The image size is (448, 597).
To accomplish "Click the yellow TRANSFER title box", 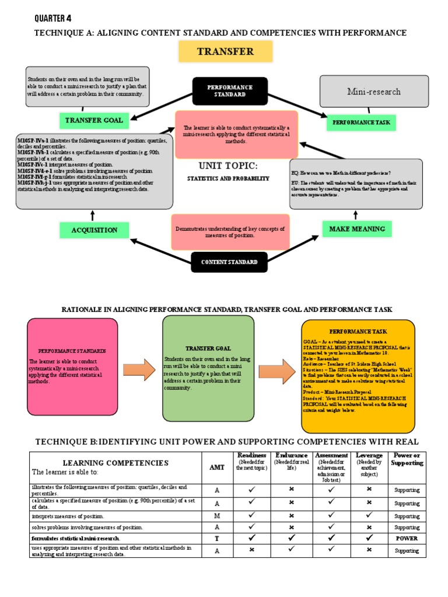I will point(225,51).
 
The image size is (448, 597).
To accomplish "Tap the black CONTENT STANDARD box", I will point(229,262).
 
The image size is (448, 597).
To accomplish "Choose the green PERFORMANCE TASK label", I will point(360,123).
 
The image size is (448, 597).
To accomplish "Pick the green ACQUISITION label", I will point(94,230).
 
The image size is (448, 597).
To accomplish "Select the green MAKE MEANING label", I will point(357,229).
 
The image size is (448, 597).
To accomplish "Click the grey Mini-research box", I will point(374,92).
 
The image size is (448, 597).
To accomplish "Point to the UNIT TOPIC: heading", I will point(228,166).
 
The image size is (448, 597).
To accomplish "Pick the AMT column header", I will point(216,467).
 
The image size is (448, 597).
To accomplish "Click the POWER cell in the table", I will point(407,538).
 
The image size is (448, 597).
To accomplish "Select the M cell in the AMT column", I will point(216,516).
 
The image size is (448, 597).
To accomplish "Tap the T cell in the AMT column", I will point(216,538).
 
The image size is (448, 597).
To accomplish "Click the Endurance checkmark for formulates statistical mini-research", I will point(291,538).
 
